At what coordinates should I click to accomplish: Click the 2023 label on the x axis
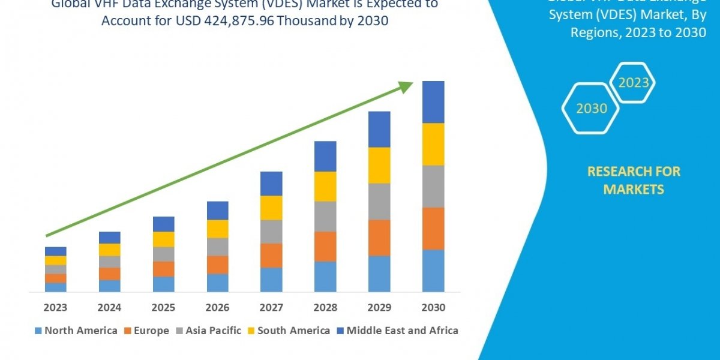55,308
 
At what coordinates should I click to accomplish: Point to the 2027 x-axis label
271,308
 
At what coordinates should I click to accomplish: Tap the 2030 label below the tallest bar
433,308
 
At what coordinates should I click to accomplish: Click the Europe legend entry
148,331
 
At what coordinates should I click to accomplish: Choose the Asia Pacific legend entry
208,331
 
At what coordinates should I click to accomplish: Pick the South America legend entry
288,331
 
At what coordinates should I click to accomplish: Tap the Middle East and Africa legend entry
397,331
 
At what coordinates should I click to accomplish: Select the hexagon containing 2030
592,109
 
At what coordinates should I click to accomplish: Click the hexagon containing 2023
633,83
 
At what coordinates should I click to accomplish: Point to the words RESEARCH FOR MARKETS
634,180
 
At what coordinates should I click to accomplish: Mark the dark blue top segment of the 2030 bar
433,102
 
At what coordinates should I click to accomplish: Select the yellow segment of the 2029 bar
379,165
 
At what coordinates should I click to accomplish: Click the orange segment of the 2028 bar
325,247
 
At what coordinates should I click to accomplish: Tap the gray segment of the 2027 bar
271,232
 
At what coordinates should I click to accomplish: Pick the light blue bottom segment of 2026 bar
217,283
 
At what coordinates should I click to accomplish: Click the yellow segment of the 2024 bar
109,250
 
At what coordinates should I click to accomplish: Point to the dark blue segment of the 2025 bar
163,224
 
